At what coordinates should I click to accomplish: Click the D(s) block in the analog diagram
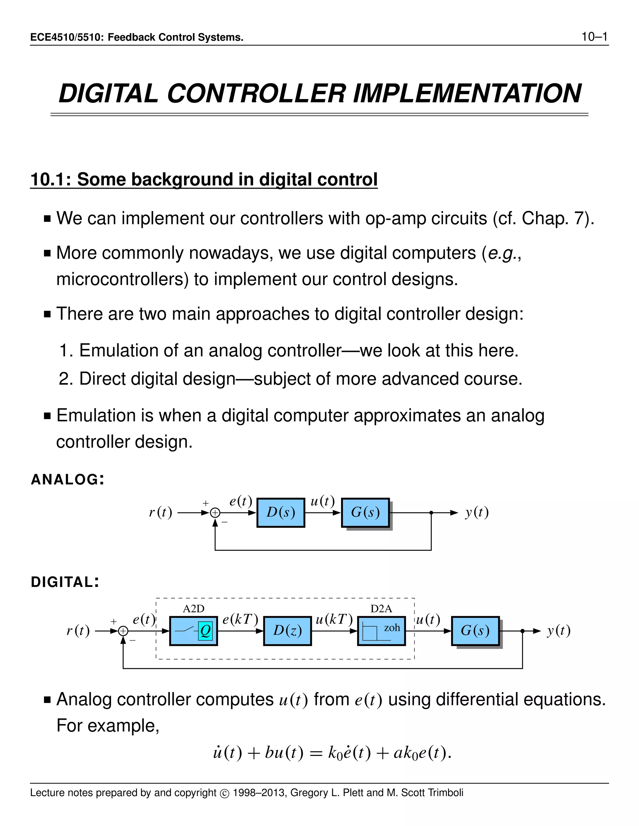click(280, 512)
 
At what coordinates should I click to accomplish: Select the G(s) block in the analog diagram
click(365, 512)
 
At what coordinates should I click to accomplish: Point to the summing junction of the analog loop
click(215, 513)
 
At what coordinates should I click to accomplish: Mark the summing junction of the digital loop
click(123, 631)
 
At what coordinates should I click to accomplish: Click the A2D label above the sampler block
click(193, 608)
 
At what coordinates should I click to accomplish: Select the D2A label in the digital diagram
click(381, 608)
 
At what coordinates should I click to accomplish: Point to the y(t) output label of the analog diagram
click(477, 512)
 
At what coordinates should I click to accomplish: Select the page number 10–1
click(594, 37)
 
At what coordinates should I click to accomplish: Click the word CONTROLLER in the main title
click(256, 94)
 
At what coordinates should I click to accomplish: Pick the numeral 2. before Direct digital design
click(66, 379)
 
